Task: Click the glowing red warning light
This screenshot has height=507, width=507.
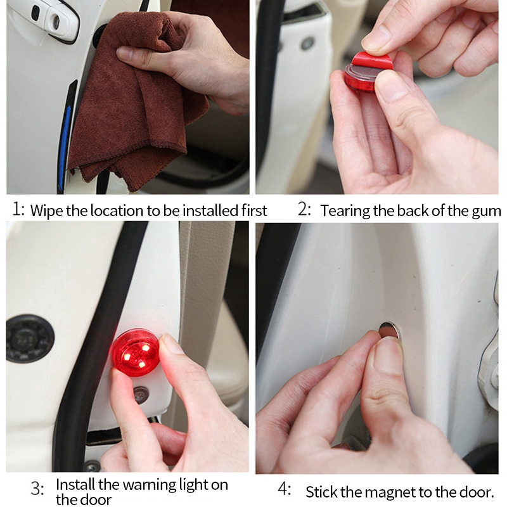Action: [x=136, y=352]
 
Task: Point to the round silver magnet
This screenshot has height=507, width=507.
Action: [x=390, y=330]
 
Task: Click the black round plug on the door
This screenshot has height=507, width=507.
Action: [x=30, y=338]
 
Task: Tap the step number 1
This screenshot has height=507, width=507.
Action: [x=18, y=209]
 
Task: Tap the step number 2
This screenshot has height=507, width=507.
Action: [x=304, y=209]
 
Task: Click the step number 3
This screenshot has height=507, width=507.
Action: [x=37, y=488]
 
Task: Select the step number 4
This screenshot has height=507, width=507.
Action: [x=285, y=489]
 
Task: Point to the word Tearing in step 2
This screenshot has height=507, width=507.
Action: [x=345, y=211]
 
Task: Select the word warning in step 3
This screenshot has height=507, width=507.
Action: [x=150, y=485]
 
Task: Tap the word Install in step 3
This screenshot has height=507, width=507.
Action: [x=75, y=485]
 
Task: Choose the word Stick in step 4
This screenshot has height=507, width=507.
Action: [x=321, y=492]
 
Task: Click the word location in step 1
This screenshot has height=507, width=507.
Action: [x=117, y=210]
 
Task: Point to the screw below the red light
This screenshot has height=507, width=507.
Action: [x=141, y=394]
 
